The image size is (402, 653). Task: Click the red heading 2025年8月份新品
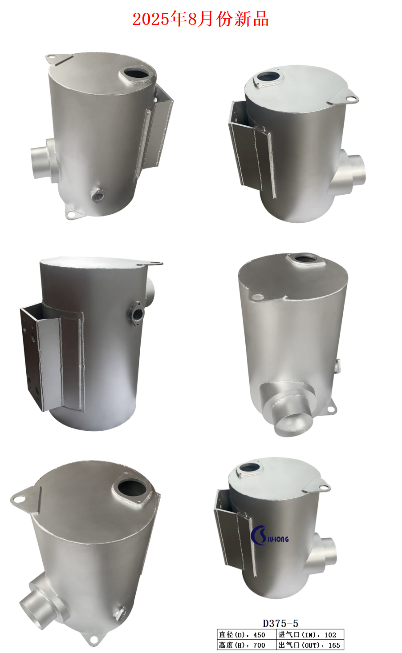(x=201, y=19)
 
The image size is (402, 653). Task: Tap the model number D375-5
(x=280, y=623)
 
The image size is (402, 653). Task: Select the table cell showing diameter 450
(x=247, y=634)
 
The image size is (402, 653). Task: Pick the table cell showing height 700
(x=247, y=645)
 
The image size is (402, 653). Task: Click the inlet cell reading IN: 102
(x=310, y=634)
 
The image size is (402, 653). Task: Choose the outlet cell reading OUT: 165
(x=310, y=645)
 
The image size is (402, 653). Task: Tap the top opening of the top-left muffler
(x=137, y=73)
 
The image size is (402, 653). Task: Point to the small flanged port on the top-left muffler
(x=97, y=195)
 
